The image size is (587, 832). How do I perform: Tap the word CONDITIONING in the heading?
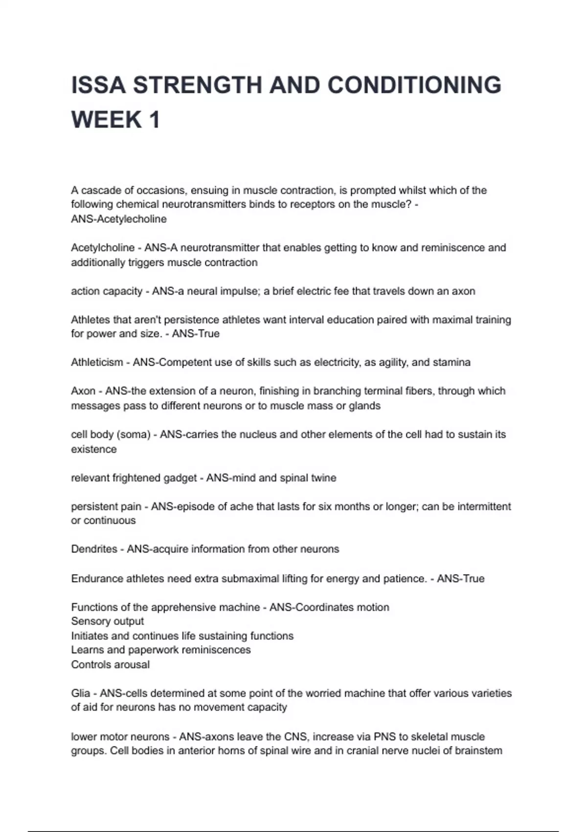coord(414,85)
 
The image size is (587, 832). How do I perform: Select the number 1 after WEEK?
coord(155,120)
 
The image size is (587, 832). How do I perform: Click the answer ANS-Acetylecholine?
coord(119,219)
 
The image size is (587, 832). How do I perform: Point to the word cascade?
coord(100,190)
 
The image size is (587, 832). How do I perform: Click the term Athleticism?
coord(97,363)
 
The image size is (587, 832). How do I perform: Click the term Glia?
coord(81,693)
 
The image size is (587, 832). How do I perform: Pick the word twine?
coord(323,478)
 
